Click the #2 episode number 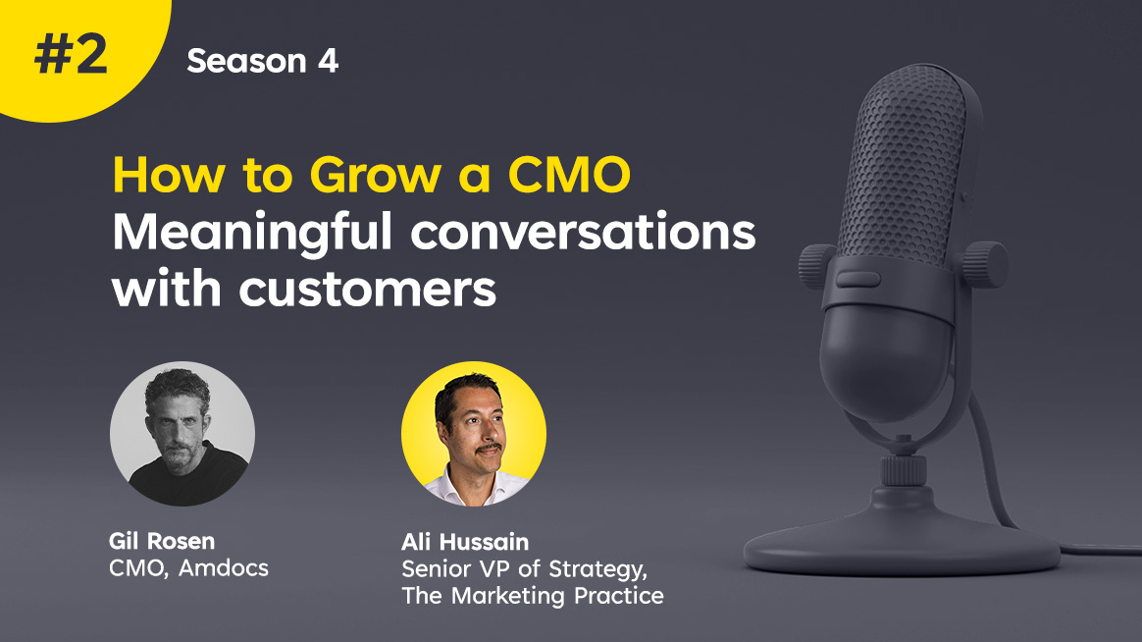pos(71,55)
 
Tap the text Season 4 pos(263,61)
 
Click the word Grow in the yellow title pos(376,176)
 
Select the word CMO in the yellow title pos(569,176)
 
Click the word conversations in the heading pos(584,233)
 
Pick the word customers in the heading pos(368,290)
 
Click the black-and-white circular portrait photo pos(182,434)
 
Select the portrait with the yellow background pos(474,434)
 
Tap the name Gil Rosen pos(162,541)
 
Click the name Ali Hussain pos(465,542)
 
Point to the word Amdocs pos(224,567)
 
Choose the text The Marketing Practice pos(533,595)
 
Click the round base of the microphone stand pos(902,536)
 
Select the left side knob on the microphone pos(817,266)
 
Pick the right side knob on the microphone pos(986,264)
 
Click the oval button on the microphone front pos(857,279)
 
